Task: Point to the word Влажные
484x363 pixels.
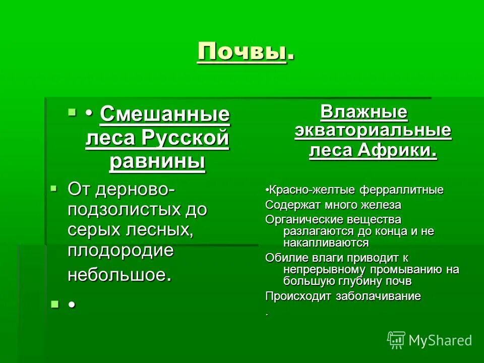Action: (x=364, y=111)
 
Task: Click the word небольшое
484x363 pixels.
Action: (x=119, y=275)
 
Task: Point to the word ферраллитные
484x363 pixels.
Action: (x=401, y=190)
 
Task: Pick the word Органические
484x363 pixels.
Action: (x=298, y=220)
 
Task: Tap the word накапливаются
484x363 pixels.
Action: (x=326, y=243)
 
